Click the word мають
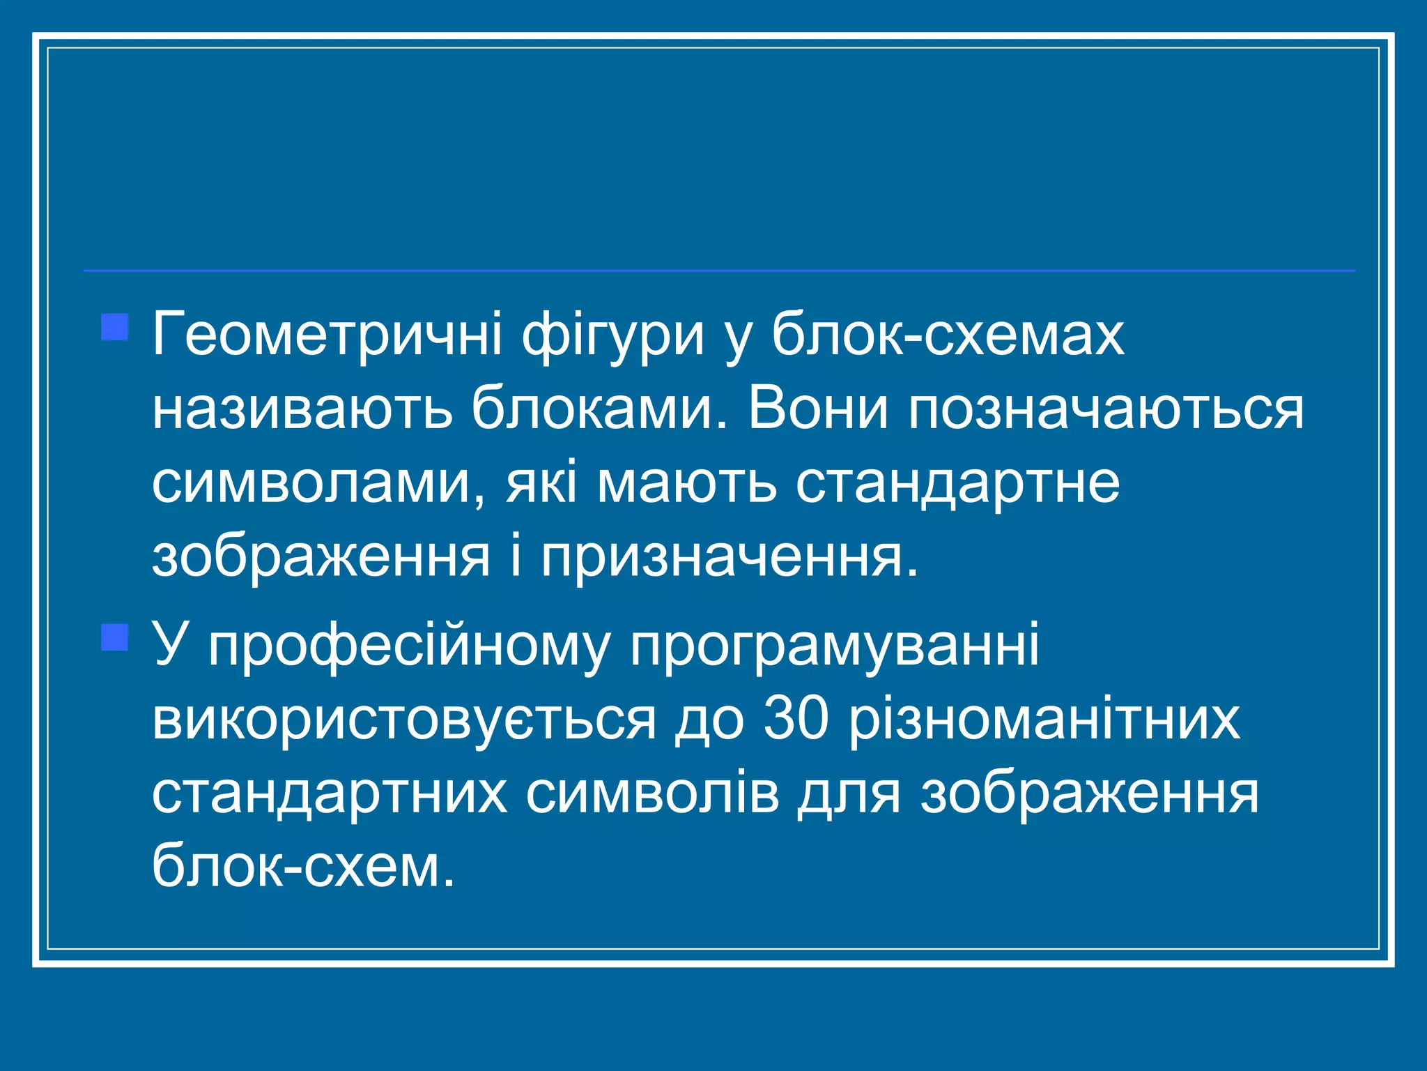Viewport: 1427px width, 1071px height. pos(686,484)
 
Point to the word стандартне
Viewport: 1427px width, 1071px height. pos(958,484)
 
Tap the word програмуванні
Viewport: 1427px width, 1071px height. pos(834,646)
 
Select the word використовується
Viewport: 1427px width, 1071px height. pos(404,720)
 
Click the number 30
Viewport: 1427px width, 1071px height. pos(796,720)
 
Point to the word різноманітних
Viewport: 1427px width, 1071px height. pos(1044,720)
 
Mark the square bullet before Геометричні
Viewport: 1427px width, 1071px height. pos(115,328)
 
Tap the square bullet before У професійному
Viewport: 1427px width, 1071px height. pos(115,637)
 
